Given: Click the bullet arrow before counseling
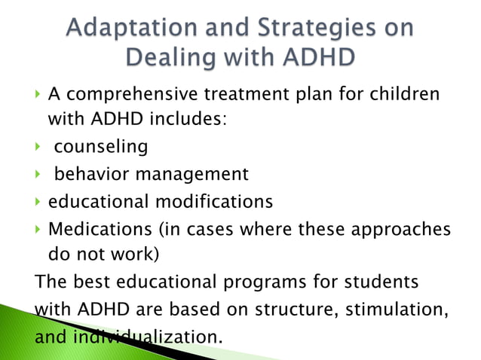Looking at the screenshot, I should [x=39, y=145].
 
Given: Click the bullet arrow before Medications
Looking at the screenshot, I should [x=39, y=228].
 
